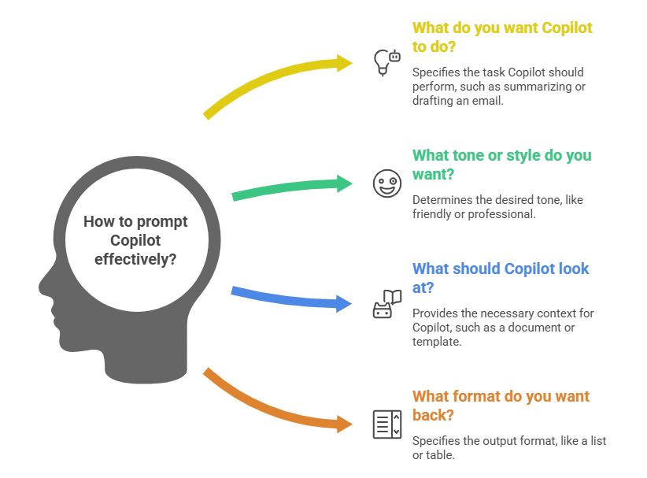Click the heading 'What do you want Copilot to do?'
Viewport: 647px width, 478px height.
(502, 37)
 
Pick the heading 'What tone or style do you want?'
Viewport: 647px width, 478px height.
(501, 165)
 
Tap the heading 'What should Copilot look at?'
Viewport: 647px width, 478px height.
(501, 278)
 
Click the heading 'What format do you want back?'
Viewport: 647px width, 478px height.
(501, 406)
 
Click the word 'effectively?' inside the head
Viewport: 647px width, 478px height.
(135, 258)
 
